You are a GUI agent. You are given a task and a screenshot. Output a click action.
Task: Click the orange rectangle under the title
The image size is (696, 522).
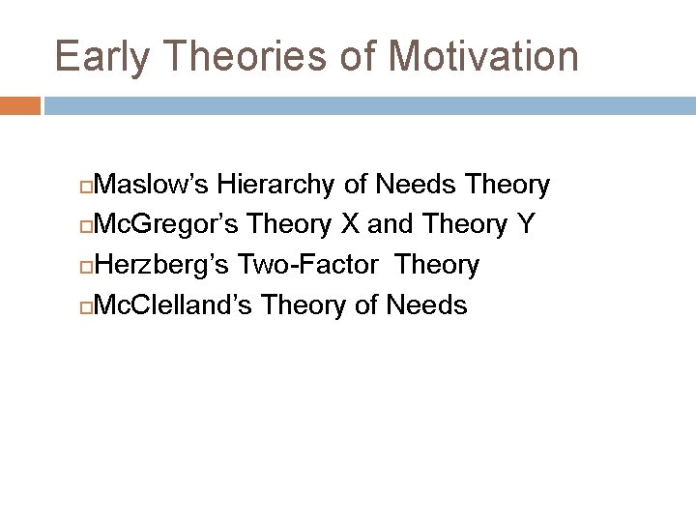(19, 105)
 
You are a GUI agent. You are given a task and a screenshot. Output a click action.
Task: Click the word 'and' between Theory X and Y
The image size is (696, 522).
(390, 224)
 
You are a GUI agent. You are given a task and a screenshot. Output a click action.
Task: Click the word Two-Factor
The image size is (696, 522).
(309, 265)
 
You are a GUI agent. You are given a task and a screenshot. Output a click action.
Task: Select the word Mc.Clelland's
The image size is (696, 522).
(174, 305)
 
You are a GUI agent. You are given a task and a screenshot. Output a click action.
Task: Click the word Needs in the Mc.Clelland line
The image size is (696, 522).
(426, 305)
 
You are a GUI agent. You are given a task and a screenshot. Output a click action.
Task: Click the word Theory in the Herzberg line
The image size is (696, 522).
(438, 265)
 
